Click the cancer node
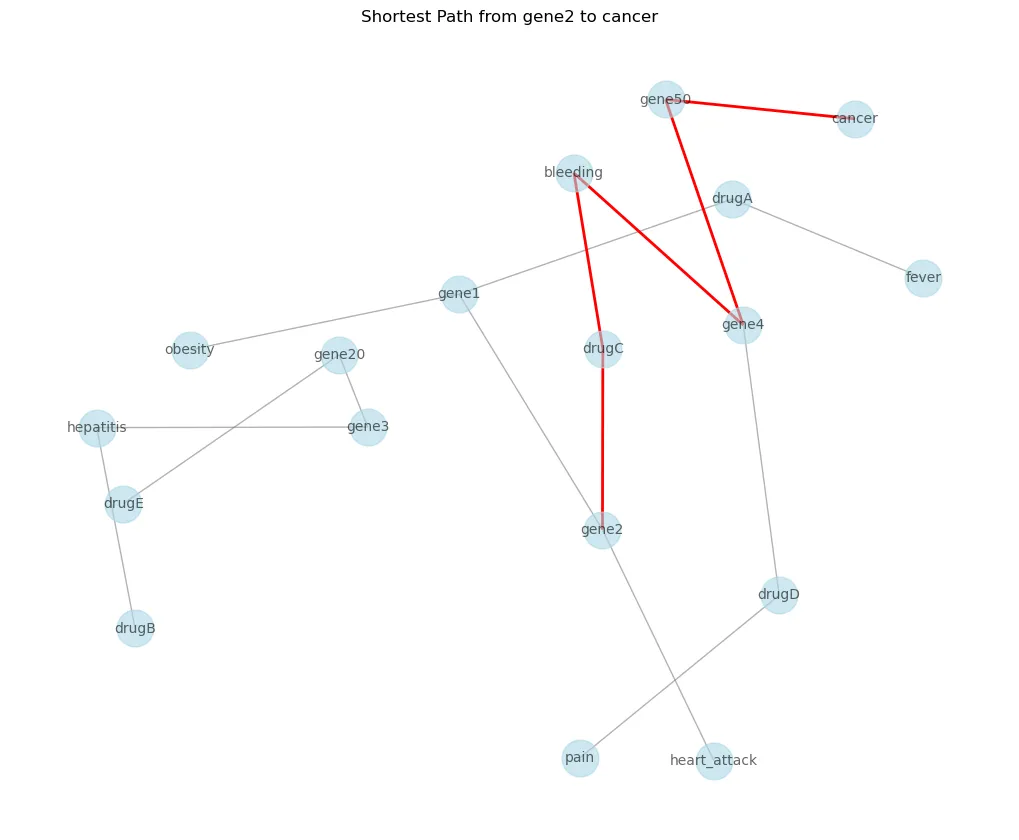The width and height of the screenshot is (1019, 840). [x=855, y=119]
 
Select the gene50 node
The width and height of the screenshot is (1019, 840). [x=666, y=99]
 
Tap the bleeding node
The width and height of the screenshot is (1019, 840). [x=574, y=173]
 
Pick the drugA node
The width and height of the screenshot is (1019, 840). [x=732, y=198]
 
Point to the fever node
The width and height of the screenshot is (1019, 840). [x=923, y=277]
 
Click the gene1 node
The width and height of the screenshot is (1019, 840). [x=459, y=294]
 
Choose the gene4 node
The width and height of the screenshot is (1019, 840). [x=743, y=325]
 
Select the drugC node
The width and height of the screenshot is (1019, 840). [x=603, y=349]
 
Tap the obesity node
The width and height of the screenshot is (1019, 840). [x=190, y=350]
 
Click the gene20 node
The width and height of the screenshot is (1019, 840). [x=339, y=354]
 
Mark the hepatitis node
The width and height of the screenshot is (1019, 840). [x=97, y=428]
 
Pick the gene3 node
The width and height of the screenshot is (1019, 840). [x=368, y=427]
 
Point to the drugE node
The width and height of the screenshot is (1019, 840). [x=123, y=504]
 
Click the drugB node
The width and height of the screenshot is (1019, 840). [x=135, y=629]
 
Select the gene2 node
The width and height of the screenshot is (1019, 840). [x=602, y=529]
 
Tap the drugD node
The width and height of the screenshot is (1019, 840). [x=779, y=595]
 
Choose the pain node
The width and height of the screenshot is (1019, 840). [x=580, y=758]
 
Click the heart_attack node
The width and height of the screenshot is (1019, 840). [x=713, y=761]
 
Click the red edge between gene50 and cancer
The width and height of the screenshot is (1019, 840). [x=760, y=109]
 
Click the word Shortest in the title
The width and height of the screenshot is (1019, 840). [x=394, y=17]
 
